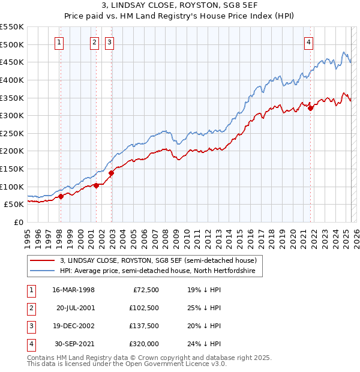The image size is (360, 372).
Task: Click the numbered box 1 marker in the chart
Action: coord(60,42)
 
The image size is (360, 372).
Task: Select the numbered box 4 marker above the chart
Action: coord(308,42)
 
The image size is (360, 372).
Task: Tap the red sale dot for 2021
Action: coord(310,108)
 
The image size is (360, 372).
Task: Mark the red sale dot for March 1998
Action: coord(61,196)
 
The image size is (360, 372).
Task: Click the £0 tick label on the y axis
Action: coord(19,222)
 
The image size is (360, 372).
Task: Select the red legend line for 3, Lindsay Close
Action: coord(42,261)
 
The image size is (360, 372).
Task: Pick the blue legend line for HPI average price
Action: coord(42,271)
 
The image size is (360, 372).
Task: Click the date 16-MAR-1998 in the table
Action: coord(74,290)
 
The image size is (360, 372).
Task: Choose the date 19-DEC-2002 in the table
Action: coord(74,326)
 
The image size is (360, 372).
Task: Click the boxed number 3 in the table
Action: coord(31,326)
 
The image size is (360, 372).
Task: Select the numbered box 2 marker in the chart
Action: coord(95,42)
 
